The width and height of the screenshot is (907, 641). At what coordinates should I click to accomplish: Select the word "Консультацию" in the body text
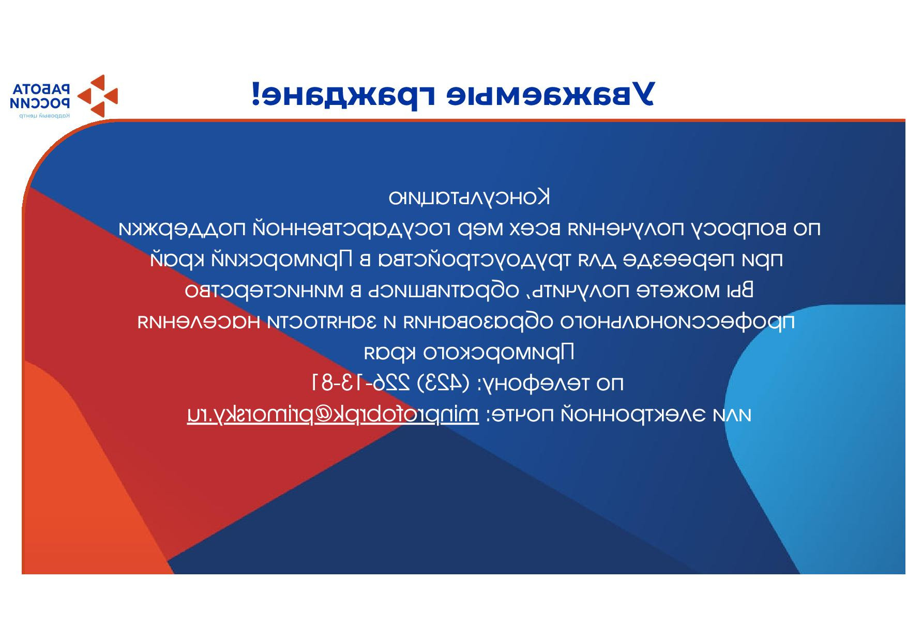470,197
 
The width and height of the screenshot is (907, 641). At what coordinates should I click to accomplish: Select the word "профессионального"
677,322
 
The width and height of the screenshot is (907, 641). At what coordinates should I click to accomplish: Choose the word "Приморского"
499,353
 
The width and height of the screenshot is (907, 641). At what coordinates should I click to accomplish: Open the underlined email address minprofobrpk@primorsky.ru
333,415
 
